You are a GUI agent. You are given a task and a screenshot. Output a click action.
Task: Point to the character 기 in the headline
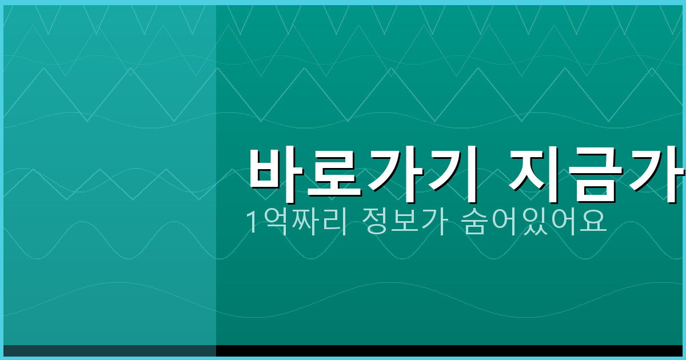click(449, 175)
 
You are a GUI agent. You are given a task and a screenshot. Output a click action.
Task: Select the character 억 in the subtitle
click(271, 223)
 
